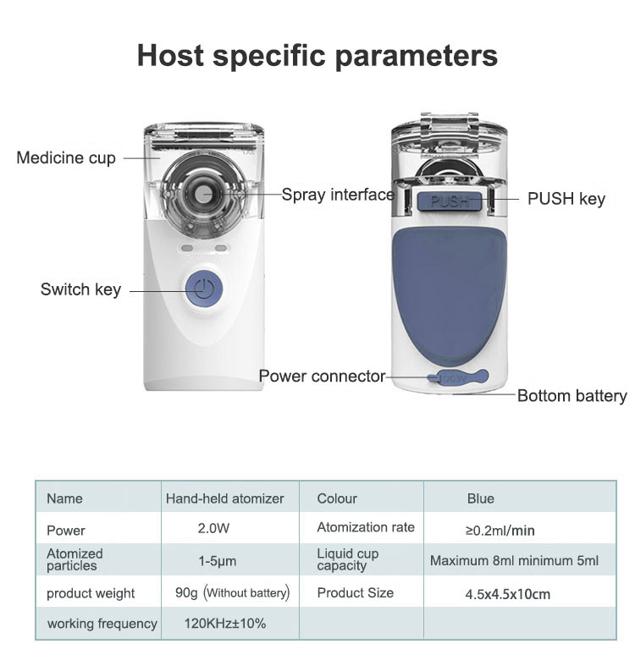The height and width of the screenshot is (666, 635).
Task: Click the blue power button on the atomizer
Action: click(204, 289)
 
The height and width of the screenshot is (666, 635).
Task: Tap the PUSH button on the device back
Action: click(450, 201)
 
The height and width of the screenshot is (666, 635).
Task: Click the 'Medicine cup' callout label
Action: click(66, 158)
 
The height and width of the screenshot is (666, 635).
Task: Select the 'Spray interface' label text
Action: click(338, 195)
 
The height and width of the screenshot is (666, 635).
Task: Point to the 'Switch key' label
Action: click(80, 289)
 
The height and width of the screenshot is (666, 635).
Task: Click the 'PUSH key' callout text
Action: click(566, 199)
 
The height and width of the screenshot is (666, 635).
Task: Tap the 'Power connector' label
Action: click(322, 376)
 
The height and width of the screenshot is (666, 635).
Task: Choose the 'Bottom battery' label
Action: click(572, 396)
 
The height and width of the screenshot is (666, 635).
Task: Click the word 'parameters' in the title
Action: click(416, 56)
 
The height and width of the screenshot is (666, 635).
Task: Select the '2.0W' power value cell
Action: click(213, 528)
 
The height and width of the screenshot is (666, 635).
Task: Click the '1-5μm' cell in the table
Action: click(218, 561)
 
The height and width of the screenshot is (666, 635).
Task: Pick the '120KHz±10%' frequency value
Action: click(225, 623)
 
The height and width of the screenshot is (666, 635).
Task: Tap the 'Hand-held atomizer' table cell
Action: click(225, 498)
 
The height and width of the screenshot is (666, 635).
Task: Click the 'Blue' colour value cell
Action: click(481, 498)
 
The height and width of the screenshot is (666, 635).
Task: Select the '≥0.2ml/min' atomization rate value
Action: click(500, 530)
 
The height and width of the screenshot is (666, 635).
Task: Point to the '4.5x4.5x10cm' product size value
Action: click(507, 594)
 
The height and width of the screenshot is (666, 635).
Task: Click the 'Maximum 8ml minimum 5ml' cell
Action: click(514, 561)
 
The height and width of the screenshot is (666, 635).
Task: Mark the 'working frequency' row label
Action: click(102, 624)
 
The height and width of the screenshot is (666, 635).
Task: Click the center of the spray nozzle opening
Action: click(204, 194)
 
